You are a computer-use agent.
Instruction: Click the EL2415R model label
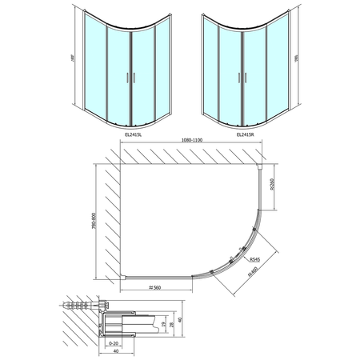pyautogui.click(x=249, y=135)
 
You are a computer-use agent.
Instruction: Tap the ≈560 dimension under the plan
pyautogui.click(x=157, y=286)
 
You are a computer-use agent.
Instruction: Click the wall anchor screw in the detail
pyautogui.click(x=80, y=305)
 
